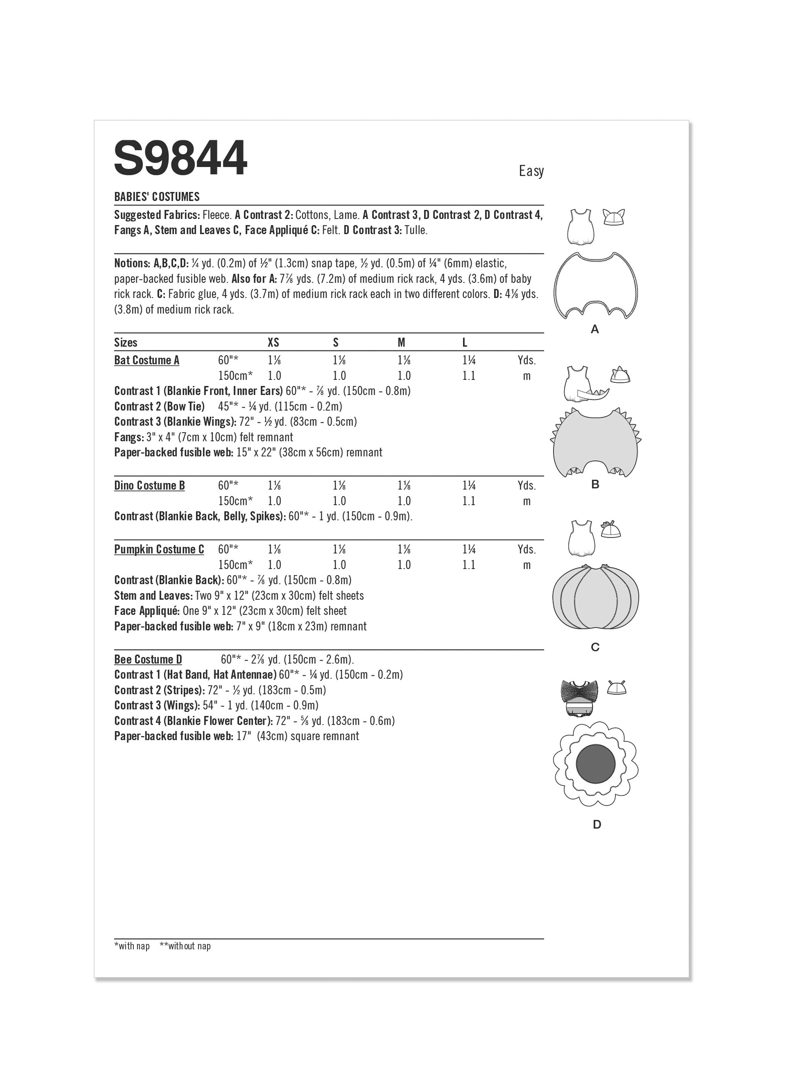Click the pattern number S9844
tap(180, 159)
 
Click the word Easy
tap(531, 171)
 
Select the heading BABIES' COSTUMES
tap(157, 197)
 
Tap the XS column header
tap(273, 343)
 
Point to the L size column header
tap(465, 343)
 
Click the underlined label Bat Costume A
tap(147, 360)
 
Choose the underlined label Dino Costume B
tap(150, 486)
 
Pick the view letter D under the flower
tap(597, 825)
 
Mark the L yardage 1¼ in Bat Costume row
tap(469, 360)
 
